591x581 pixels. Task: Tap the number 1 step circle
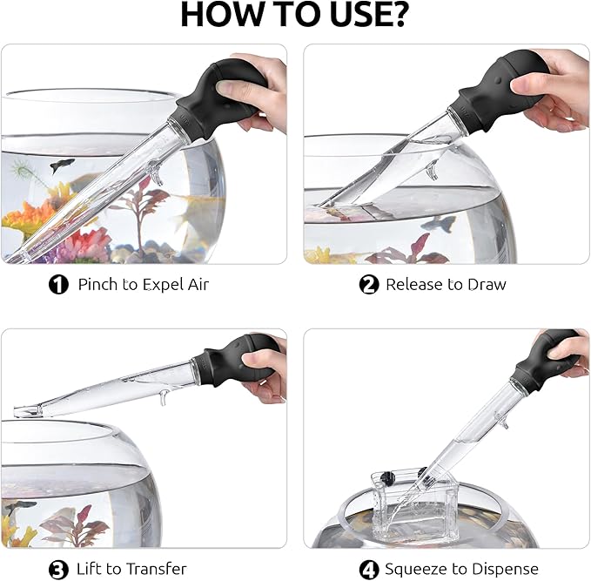(58, 284)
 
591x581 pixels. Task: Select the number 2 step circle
(369, 284)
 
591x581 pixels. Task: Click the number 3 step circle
(58, 570)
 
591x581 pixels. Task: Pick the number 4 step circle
(369, 570)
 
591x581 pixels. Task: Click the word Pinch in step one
(97, 284)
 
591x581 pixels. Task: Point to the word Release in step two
(413, 285)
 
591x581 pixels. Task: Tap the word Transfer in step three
(157, 569)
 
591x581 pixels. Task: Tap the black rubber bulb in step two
(504, 84)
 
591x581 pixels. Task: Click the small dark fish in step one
(62, 165)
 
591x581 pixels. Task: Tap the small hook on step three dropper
(163, 397)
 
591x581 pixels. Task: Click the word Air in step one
(198, 284)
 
